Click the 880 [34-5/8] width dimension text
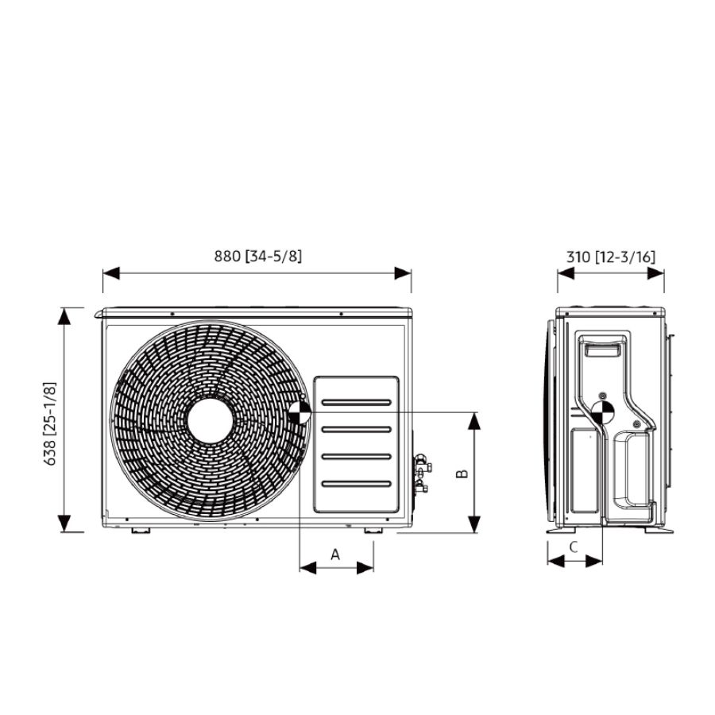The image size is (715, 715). [x=258, y=257]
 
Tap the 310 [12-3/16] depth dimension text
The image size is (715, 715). [x=611, y=257]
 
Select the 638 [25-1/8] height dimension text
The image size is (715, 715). [x=49, y=423]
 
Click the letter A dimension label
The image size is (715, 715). [x=335, y=555]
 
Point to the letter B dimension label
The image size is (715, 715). [x=462, y=473]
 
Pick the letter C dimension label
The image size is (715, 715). [x=574, y=547]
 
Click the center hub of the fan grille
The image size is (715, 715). [x=211, y=420]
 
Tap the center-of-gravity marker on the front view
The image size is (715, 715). [x=300, y=412]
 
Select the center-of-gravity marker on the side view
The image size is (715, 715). [x=602, y=412]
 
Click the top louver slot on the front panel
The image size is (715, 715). [x=356, y=403]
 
